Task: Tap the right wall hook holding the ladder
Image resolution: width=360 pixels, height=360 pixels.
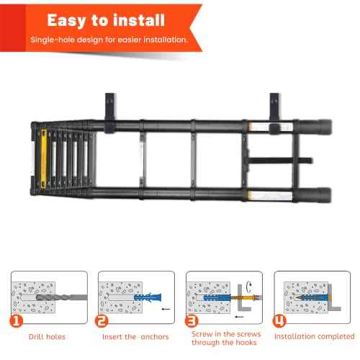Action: click(276, 112)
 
